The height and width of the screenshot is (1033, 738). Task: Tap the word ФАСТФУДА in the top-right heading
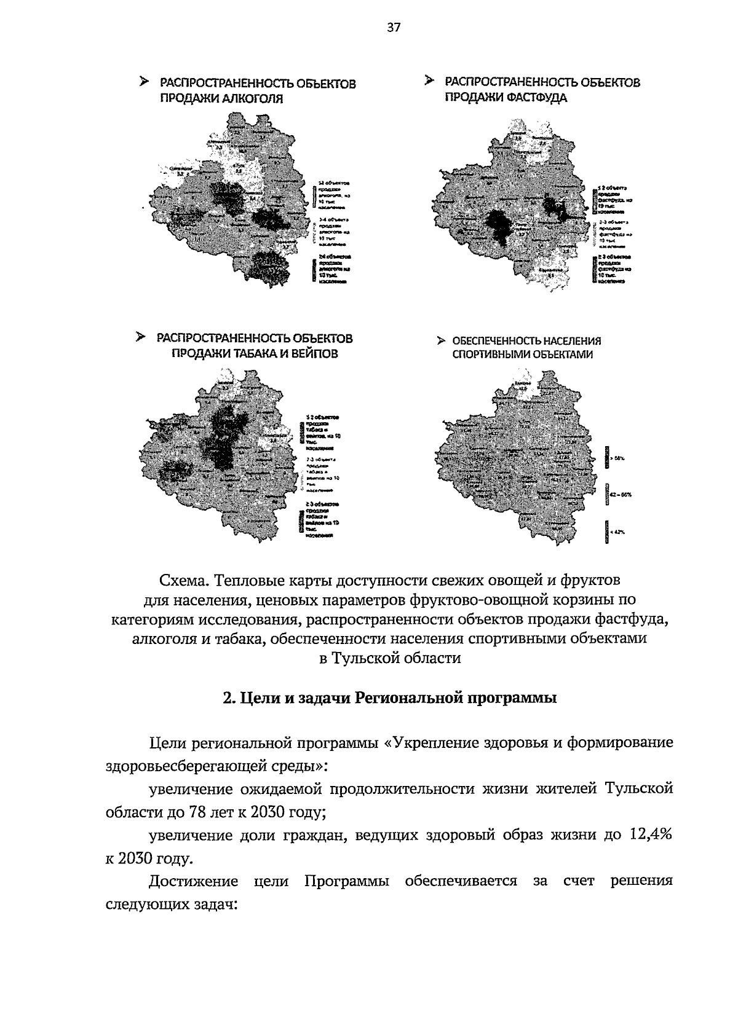536,98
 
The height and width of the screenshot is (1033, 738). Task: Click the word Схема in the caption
180,579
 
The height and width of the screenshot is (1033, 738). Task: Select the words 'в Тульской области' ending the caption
390,658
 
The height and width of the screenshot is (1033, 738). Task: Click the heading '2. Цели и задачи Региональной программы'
389,699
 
